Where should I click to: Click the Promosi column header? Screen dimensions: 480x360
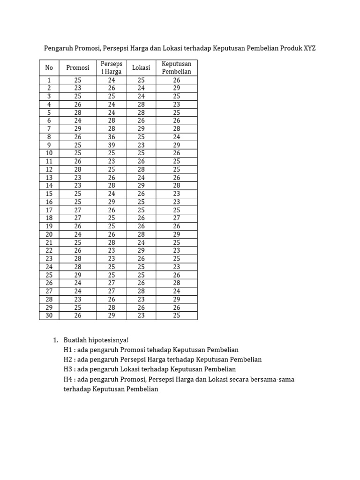point(77,67)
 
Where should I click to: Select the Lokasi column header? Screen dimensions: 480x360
point(141,67)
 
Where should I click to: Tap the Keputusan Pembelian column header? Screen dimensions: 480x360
point(176,67)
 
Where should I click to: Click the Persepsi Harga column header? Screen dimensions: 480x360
point(112,67)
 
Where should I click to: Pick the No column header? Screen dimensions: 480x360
point(49,67)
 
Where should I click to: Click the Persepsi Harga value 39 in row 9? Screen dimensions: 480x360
point(112,145)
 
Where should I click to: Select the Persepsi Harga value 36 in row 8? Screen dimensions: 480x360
point(112,137)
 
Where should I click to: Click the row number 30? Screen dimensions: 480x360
point(49,315)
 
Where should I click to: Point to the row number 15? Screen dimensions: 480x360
point(49,194)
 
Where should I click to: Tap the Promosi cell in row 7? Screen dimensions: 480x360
point(77,128)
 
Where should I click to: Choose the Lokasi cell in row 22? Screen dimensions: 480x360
point(141,250)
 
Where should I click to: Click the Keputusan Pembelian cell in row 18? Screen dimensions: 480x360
point(176,218)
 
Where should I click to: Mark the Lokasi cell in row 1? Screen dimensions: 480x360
point(141,80)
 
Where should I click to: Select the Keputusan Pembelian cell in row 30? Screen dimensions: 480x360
point(176,315)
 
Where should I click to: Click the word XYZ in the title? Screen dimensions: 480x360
point(309,48)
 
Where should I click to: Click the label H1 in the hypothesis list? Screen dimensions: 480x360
point(68,350)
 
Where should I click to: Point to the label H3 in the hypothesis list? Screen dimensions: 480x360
point(68,369)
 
